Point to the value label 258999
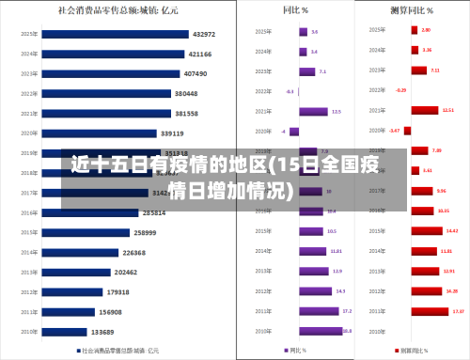point(145,232)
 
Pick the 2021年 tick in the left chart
point(29,113)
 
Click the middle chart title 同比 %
point(295,11)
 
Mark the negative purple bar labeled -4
point(294,132)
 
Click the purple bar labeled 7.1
point(307,71)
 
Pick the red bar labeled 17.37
point(430,311)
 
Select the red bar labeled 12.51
point(425,111)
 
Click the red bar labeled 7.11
point(418,71)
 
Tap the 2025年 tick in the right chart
point(377,31)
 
